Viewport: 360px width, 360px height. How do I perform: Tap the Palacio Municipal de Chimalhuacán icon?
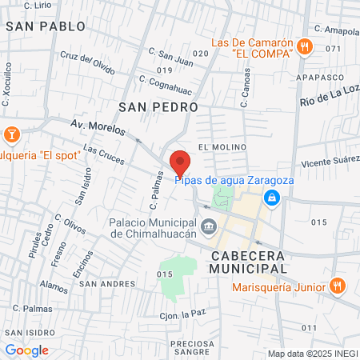pyautogui.click(x=209, y=227)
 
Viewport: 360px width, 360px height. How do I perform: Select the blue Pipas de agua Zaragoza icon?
pyautogui.click(x=272, y=197)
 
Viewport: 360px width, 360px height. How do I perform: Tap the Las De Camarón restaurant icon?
pyautogui.click(x=303, y=46)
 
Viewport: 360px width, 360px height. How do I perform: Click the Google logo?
pyautogui.click(x=26, y=350)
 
